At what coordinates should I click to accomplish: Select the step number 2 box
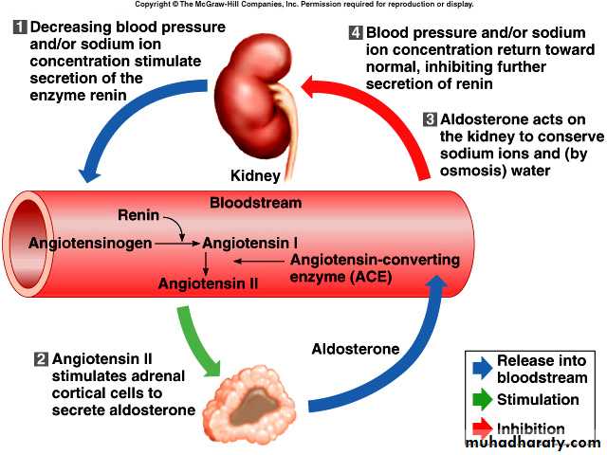pyautogui.click(x=40, y=359)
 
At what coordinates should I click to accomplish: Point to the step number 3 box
pyautogui.click(x=430, y=120)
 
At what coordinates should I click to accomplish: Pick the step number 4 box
pyautogui.click(x=356, y=33)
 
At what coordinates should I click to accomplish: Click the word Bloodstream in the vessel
pyautogui.click(x=255, y=203)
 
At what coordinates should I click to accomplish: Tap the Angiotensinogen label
pyautogui.click(x=90, y=244)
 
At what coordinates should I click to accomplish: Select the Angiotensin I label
pyautogui.click(x=257, y=244)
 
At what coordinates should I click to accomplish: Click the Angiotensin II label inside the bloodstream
pyautogui.click(x=208, y=282)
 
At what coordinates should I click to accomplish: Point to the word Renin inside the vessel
pyautogui.click(x=138, y=217)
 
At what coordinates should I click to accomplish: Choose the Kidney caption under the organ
pyautogui.click(x=255, y=176)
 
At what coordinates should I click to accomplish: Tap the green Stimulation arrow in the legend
pyautogui.click(x=482, y=399)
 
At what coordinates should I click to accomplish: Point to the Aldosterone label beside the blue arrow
pyautogui.click(x=356, y=349)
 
